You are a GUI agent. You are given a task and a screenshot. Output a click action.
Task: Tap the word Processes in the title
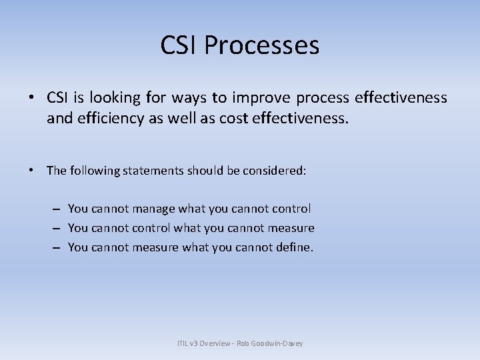click(x=262, y=45)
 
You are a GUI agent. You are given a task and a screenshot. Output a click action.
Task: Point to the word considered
click(x=276, y=171)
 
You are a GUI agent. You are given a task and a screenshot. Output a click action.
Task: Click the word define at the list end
click(x=293, y=247)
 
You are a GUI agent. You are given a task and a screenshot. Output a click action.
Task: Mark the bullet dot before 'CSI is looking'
click(x=31, y=99)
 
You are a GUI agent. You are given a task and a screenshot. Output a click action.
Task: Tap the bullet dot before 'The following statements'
click(x=31, y=171)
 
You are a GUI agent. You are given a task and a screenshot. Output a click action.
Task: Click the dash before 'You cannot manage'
click(x=55, y=209)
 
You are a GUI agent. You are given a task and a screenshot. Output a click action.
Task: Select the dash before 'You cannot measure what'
click(x=55, y=247)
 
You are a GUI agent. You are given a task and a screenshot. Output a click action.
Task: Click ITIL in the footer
click(x=183, y=343)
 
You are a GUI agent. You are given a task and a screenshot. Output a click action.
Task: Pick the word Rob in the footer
click(x=246, y=343)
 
